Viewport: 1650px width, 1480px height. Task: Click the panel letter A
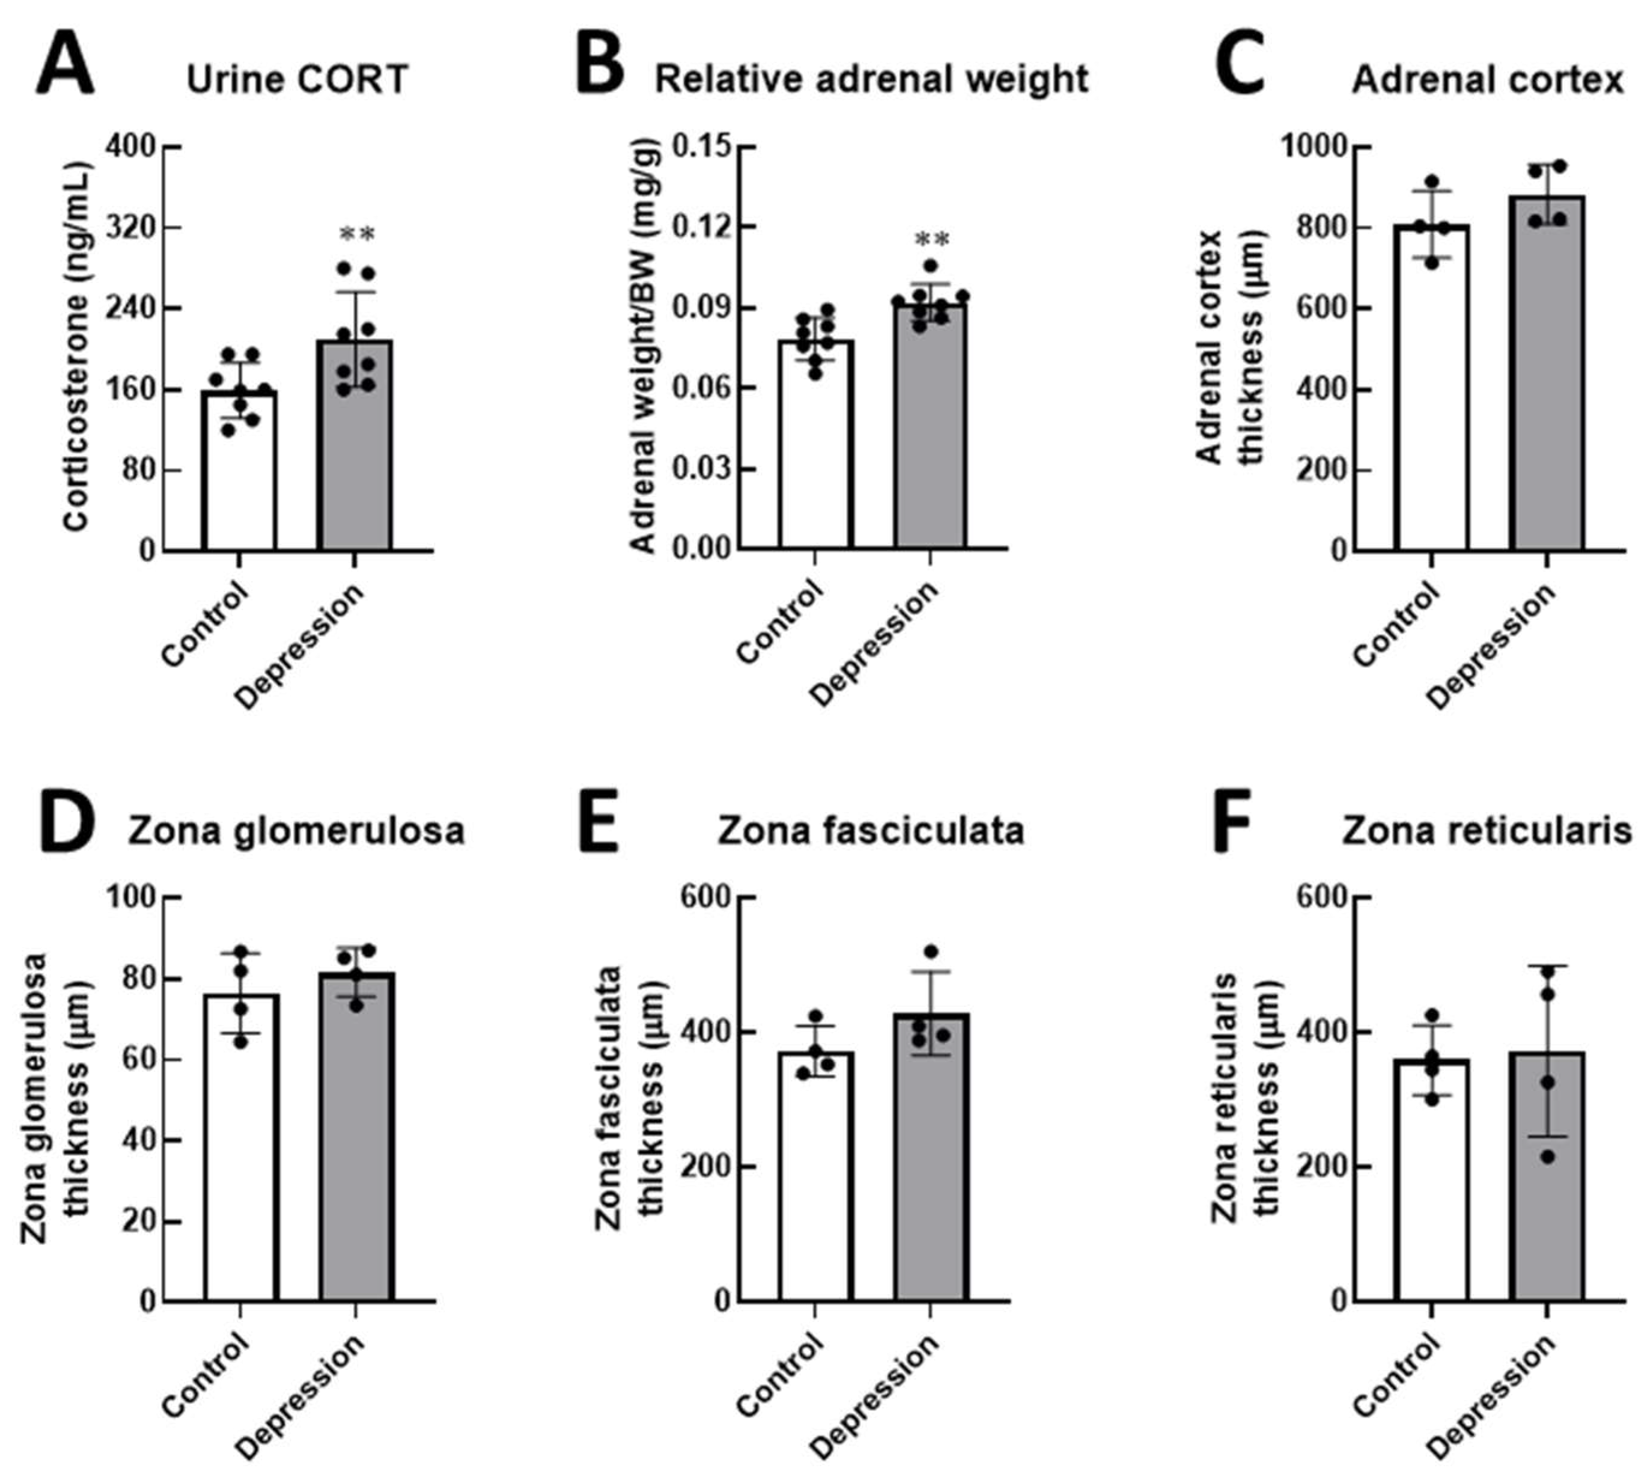pos(65,65)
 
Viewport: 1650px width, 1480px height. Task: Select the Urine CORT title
pos(297,80)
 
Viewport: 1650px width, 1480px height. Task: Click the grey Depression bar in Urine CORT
pos(355,456)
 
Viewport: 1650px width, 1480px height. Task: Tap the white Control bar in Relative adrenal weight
pos(815,456)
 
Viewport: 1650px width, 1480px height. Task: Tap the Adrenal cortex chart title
pos(1487,80)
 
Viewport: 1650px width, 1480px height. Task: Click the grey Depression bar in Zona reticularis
pos(1547,1203)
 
